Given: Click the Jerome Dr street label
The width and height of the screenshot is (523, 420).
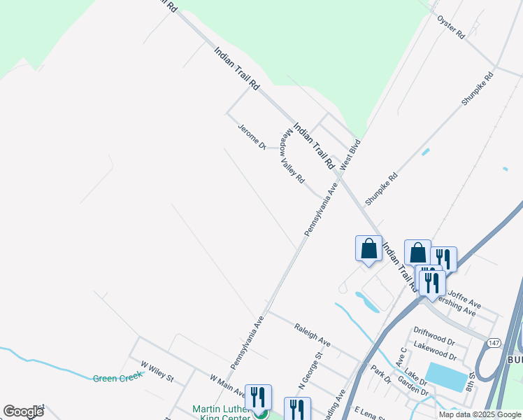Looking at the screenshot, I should (252, 136).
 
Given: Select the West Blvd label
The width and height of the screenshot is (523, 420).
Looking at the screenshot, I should (350, 156).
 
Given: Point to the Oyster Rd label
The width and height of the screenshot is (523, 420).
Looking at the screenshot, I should (451, 25).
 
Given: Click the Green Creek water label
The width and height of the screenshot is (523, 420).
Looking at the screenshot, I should (117, 378).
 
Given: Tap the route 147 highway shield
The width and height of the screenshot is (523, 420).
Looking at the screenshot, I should (494, 341).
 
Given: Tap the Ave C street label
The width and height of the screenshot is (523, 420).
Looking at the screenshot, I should (402, 359).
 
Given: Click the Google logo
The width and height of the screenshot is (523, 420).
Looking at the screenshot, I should (23, 412).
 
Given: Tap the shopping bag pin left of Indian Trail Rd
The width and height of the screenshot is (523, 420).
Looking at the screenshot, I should (368, 248).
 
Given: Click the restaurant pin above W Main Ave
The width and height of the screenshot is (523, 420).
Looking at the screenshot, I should (258, 397).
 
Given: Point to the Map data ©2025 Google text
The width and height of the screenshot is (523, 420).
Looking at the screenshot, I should (480, 414).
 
